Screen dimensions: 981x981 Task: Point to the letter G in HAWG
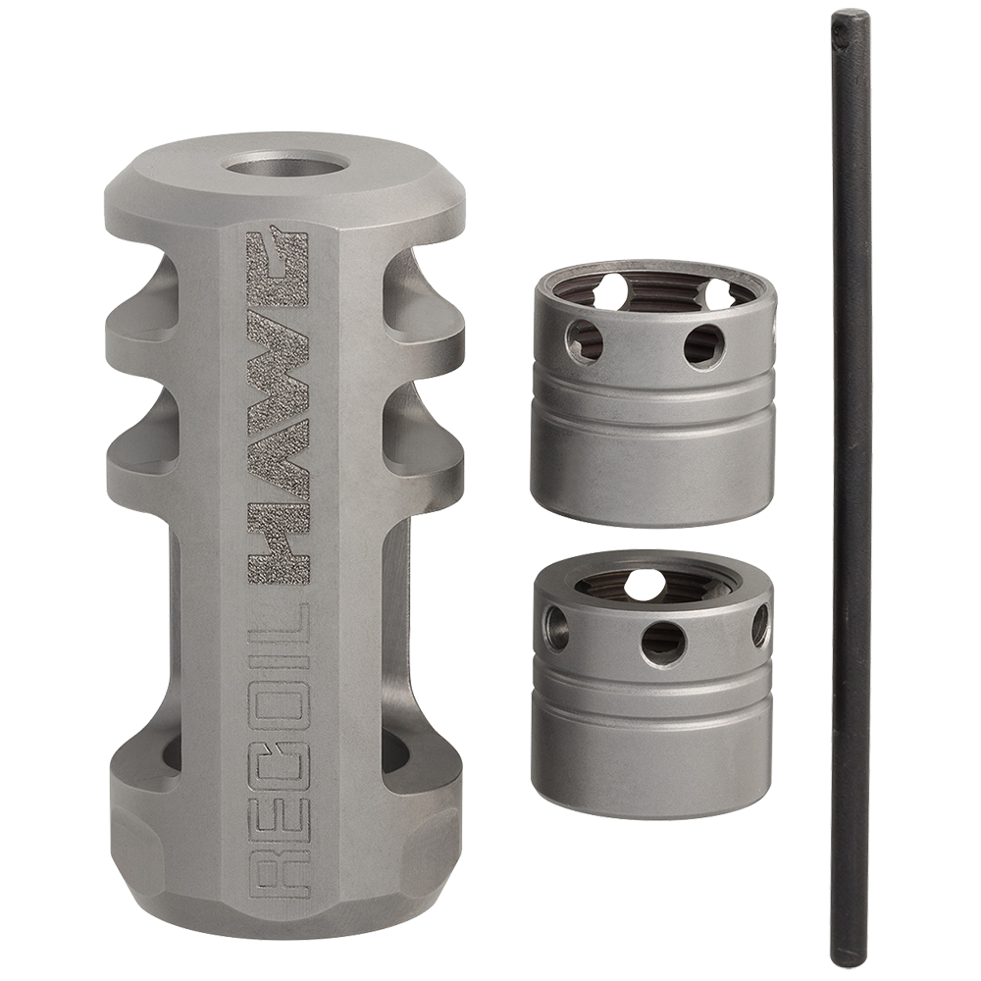[278, 255]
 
